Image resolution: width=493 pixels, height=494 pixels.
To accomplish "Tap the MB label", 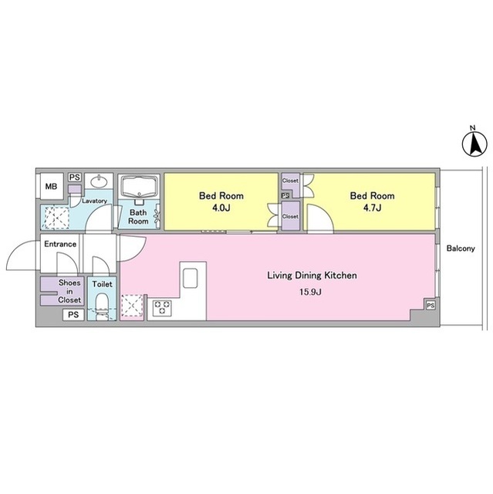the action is pyautogui.click(x=52, y=187).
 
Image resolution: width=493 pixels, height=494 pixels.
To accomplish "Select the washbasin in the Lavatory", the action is pyautogui.click(x=99, y=182).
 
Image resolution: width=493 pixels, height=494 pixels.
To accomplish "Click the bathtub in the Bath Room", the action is pyautogui.click(x=140, y=187).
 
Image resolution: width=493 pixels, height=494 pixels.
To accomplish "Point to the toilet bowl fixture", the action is pyautogui.click(x=102, y=306).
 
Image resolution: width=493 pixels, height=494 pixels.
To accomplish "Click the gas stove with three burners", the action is pyautogui.click(x=163, y=308).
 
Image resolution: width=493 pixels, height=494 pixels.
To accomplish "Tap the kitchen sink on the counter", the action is pyautogui.click(x=190, y=278).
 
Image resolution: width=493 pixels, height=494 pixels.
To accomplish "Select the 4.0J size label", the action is pyautogui.click(x=221, y=208).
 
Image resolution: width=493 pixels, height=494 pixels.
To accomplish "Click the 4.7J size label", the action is pyautogui.click(x=373, y=208).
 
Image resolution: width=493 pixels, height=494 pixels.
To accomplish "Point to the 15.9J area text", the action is pyautogui.click(x=310, y=292).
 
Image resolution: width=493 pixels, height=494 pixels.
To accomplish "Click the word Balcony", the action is pyautogui.click(x=461, y=249).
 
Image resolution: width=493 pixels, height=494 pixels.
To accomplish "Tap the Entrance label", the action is pyautogui.click(x=60, y=244).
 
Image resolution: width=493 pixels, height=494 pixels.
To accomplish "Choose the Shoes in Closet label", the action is pyautogui.click(x=69, y=292).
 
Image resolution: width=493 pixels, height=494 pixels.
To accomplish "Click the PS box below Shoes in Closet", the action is pyautogui.click(x=73, y=315).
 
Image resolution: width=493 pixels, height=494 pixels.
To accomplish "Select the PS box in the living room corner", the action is pyautogui.click(x=431, y=306).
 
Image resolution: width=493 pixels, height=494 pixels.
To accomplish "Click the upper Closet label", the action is pyautogui.click(x=290, y=181).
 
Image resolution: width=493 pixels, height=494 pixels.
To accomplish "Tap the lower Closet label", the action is pyautogui.click(x=290, y=216).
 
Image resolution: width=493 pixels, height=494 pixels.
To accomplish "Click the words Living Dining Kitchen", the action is pyautogui.click(x=312, y=276).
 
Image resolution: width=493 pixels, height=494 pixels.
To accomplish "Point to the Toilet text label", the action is pyautogui.click(x=103, y=284).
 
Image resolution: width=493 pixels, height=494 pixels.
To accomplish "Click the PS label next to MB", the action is pyautogui.click(x=75, y=178).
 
